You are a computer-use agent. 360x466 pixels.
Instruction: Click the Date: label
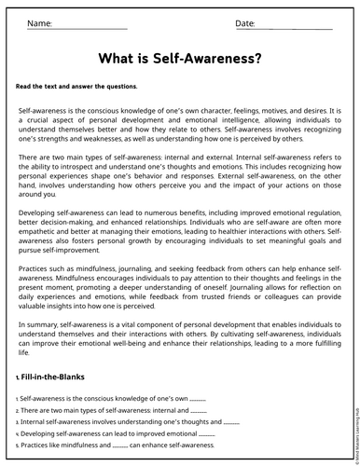click(245, 22)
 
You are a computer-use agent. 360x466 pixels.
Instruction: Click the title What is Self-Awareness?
click(180, 60)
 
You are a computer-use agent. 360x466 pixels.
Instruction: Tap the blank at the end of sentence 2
click(199, 410)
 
